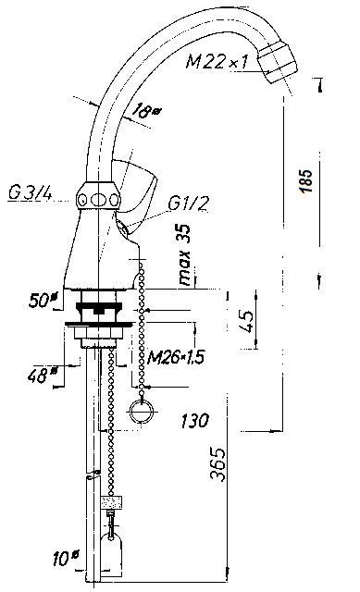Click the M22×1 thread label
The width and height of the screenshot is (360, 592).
(217, 61)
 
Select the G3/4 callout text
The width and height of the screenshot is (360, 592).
(31, 194)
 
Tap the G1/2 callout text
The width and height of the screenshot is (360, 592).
(189, 203)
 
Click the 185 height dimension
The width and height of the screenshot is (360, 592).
(306, 181)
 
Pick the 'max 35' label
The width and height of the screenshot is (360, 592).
(185, 254)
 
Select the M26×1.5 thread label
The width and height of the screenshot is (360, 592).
(176, 357)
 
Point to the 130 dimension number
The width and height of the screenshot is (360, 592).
(194, 421)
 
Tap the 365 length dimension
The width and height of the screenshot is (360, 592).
(217, 464)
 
